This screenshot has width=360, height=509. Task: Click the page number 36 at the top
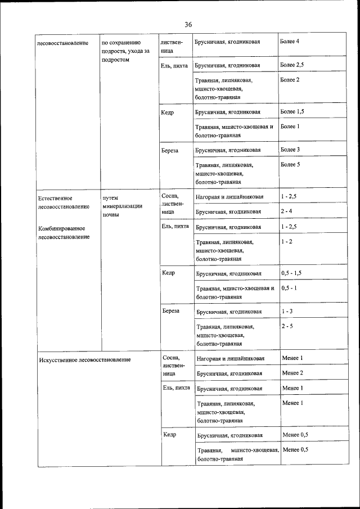(188, 24)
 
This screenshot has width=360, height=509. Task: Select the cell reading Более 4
(290, 42)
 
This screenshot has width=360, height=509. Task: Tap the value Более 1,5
(292, 111)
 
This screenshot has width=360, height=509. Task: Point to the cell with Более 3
(290, 150)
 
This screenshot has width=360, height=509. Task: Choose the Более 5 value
(290, 165)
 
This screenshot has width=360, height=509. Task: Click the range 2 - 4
(286, 211)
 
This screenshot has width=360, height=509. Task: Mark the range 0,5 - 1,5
(291, 273)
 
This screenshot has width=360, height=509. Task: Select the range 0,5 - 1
(289, 288)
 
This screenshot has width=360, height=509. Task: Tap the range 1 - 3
(287, 311)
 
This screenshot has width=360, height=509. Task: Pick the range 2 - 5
(287, 326)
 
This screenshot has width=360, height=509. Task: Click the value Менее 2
(292, 373)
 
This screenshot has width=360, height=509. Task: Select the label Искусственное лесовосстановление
(85, 359)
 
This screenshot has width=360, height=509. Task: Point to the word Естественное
(54, 199)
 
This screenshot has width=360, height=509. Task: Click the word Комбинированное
(62, 228)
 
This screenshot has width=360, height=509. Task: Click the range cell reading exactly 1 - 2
(286, 241)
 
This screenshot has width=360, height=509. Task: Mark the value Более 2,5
(292, 65)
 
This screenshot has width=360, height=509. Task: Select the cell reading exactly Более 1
(290, 127)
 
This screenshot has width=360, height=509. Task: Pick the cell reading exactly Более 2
(290, 80)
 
